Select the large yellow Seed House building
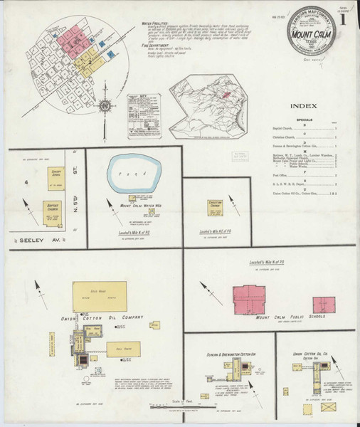click(100, 295)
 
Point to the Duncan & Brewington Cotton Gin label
click(223, 353)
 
